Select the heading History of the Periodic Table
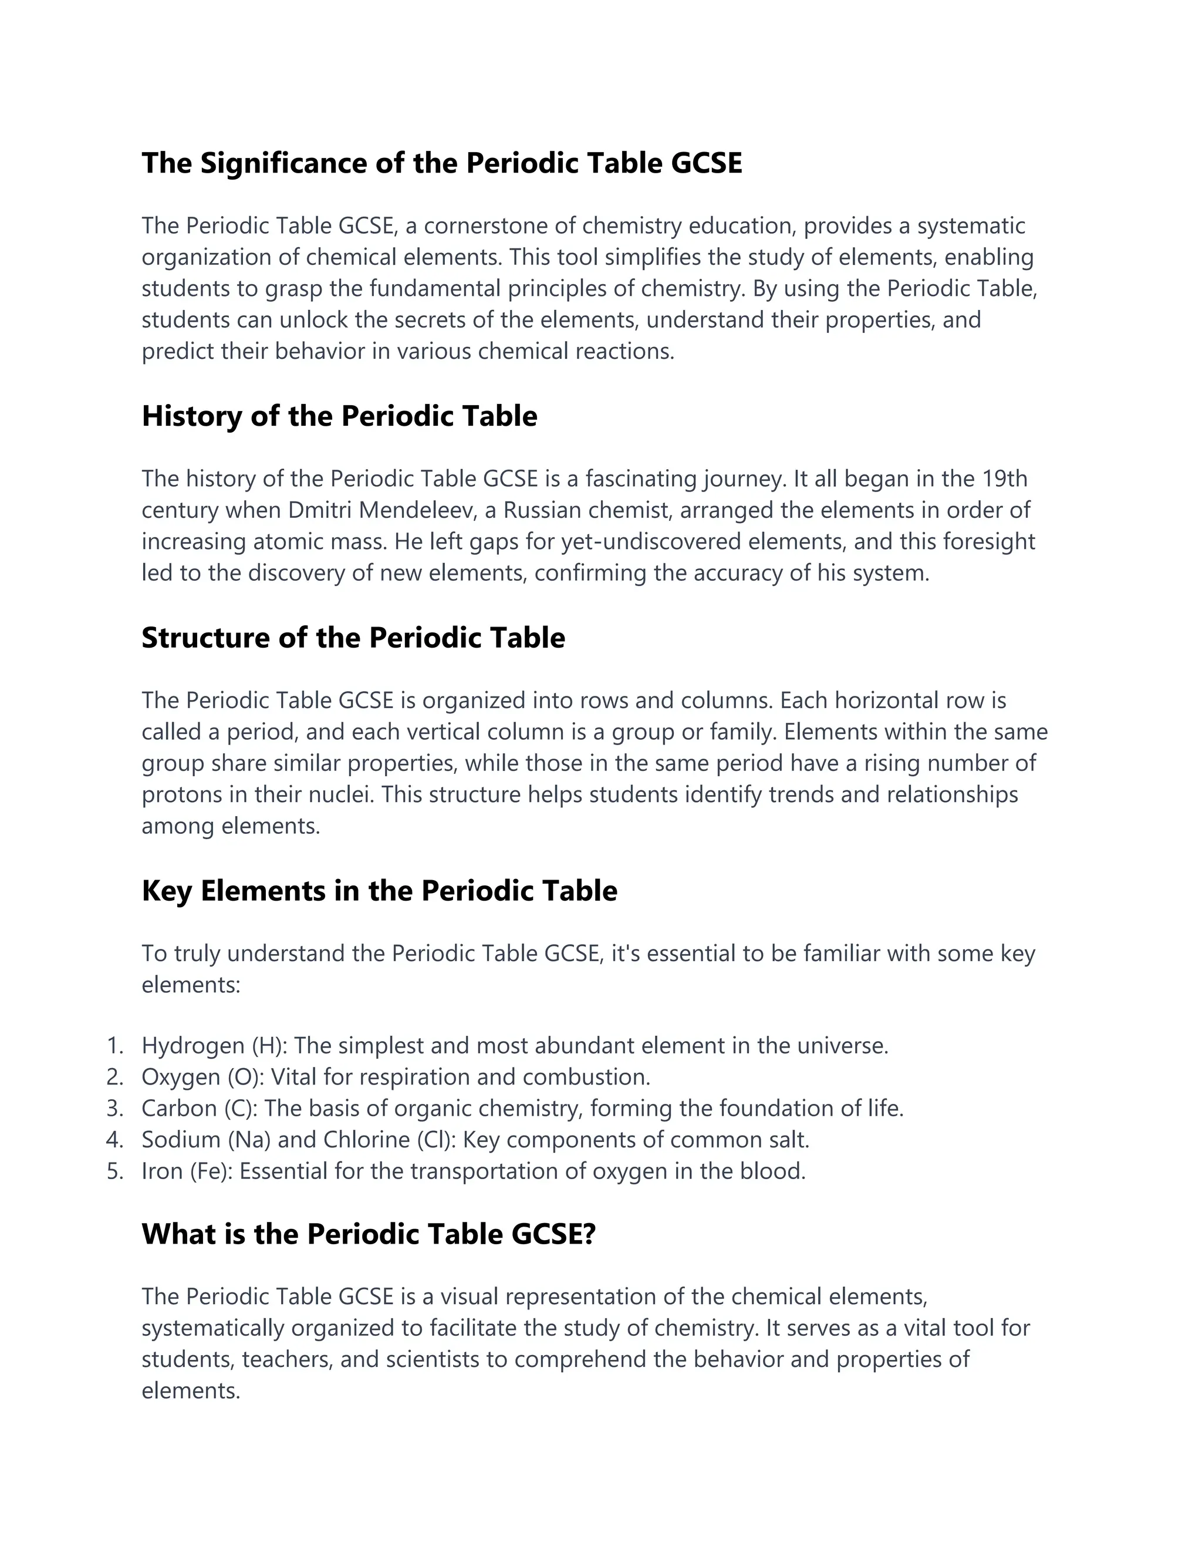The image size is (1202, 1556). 339,416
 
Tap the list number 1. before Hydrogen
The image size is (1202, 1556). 114,1046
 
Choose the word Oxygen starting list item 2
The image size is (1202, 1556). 181,1077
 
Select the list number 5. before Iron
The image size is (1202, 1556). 114,1171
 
